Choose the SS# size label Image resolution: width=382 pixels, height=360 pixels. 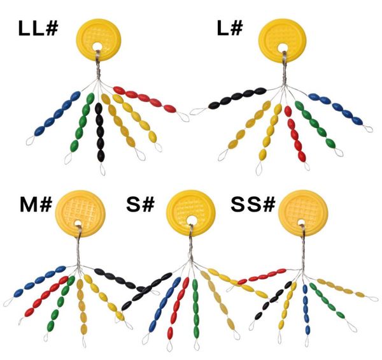coord(252,205)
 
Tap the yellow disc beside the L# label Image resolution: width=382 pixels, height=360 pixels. coord(283,38)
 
